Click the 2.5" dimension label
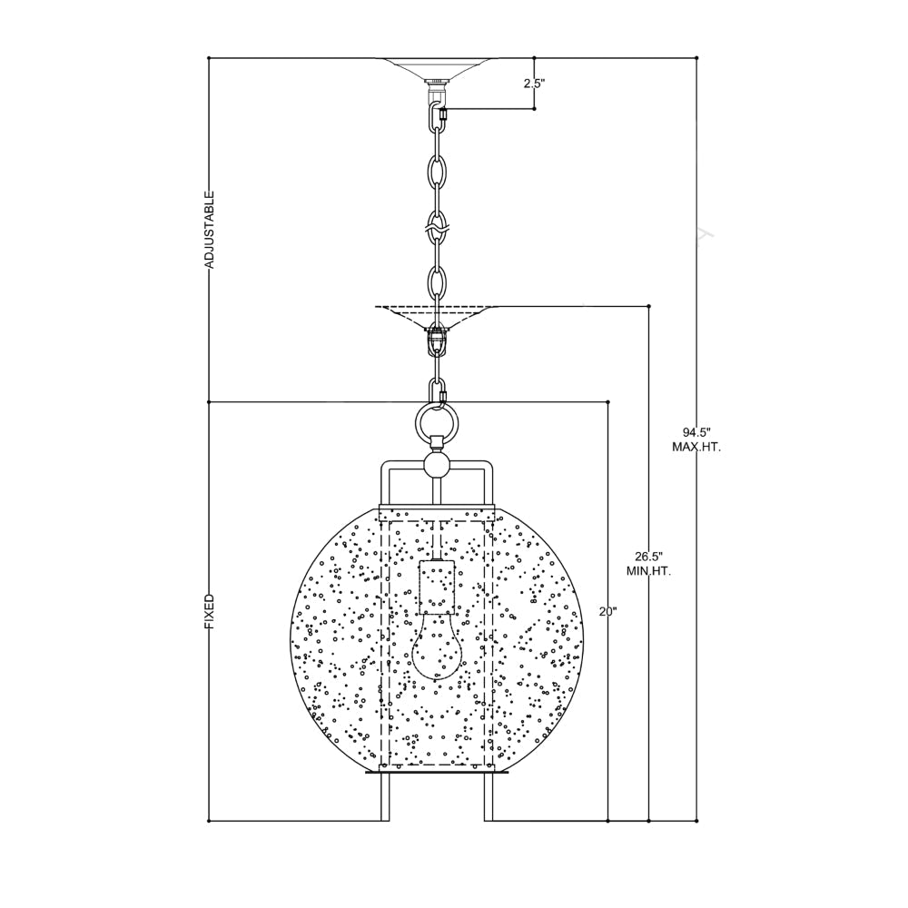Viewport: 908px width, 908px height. point(535,84)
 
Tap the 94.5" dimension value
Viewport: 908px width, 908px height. point(696,432)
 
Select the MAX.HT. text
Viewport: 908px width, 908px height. point(696,448)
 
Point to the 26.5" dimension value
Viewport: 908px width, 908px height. point(648,557)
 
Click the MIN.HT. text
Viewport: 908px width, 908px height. point(648,572)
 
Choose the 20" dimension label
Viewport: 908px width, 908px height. point(608,611)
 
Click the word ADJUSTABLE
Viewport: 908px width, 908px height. point(210,230)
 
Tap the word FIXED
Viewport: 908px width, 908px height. point(210,612)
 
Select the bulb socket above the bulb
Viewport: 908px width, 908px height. point(438,587)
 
